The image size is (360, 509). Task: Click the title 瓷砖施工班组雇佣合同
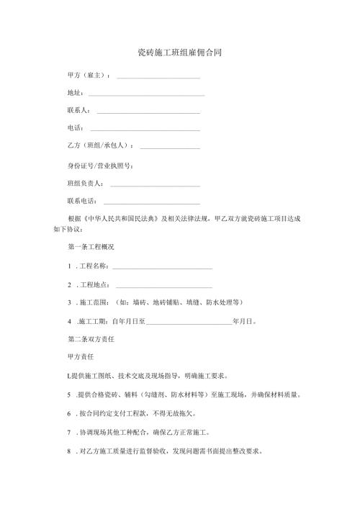pyautogui.click(x=180, y=53)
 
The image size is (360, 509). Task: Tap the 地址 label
pyautogui.click(x=75, y=94)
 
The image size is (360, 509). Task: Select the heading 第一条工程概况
pyautogui.click(x=90, y=247)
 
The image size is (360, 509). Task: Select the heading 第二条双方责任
pyautogui.click(x=90, y=338)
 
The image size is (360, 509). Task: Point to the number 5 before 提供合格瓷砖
pyautogui.click(x=68, y=395)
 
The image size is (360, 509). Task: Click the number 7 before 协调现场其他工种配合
pyautogui.click(x=68, y=434)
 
